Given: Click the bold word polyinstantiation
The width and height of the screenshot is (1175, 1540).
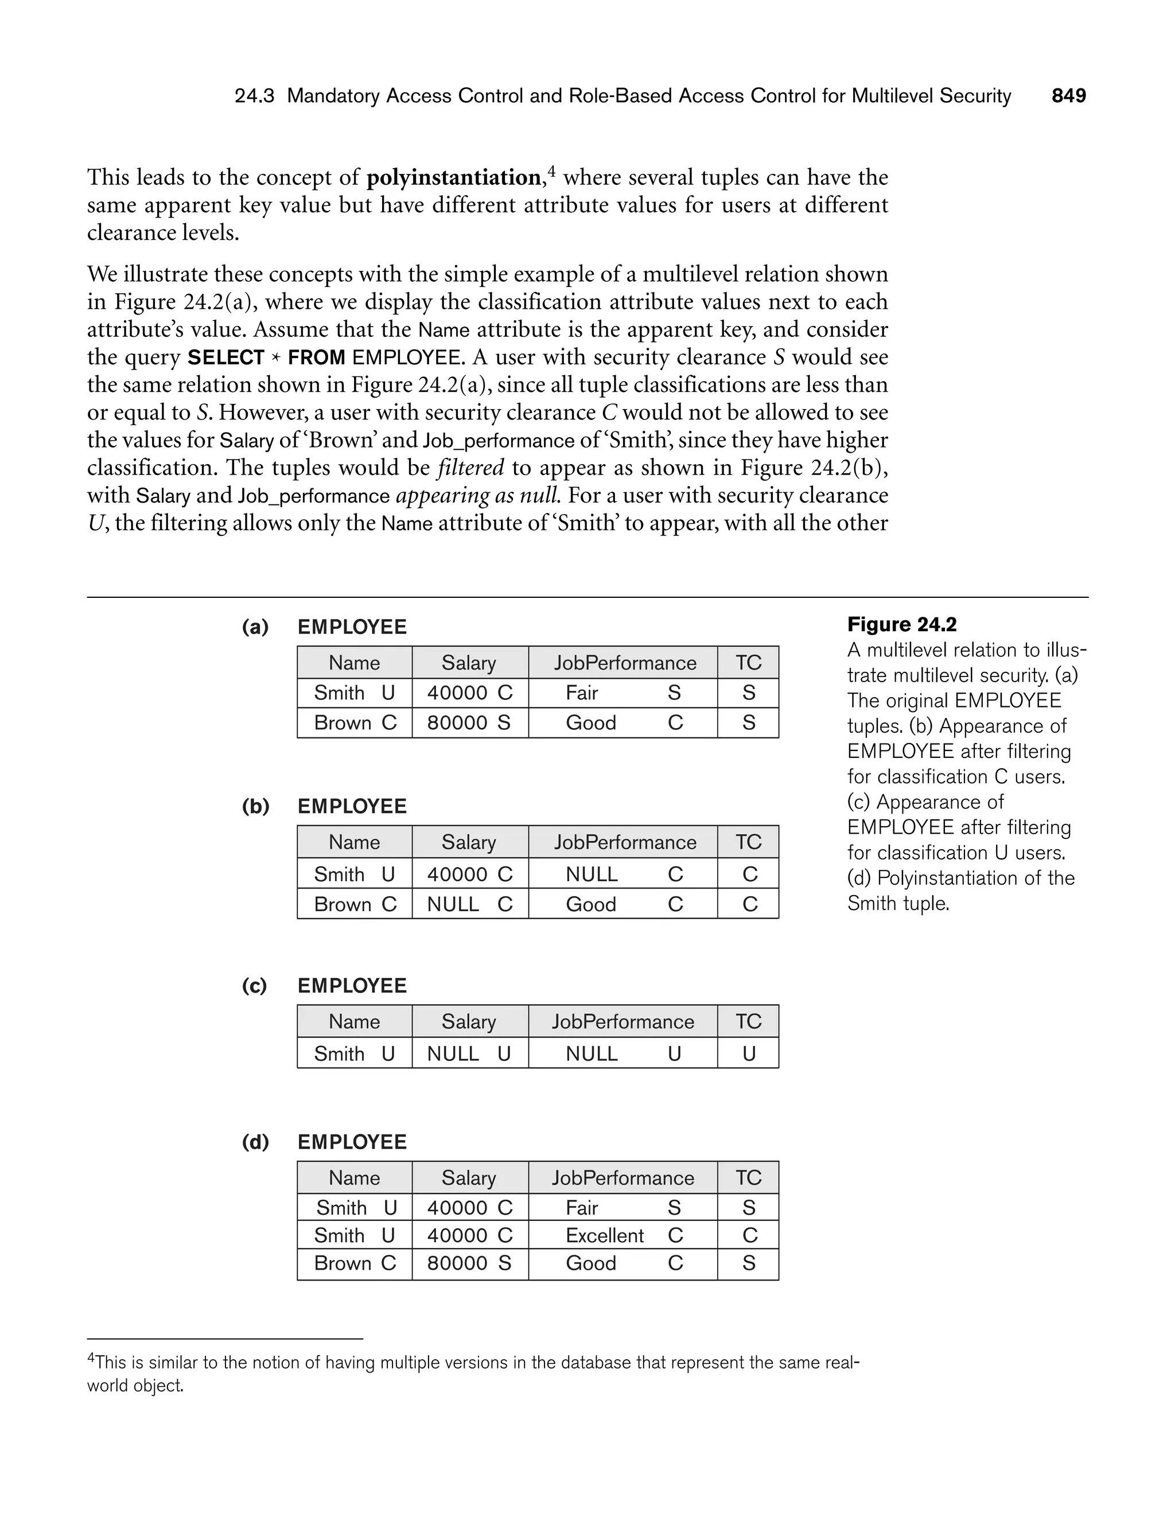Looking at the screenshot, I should (x=453, y=178).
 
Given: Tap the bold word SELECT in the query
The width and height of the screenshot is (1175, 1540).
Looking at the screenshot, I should (x=226, y=357).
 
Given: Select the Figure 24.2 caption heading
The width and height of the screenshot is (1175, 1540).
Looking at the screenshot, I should (x=901, y=624).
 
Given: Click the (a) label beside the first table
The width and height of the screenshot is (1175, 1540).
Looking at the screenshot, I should (x=255, y=627).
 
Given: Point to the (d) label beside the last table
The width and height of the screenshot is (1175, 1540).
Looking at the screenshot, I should (x=255, y=1142).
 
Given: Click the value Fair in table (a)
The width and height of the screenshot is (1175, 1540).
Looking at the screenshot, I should (x=581, y=693).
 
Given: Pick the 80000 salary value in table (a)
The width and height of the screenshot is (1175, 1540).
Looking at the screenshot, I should (x=457, y=723).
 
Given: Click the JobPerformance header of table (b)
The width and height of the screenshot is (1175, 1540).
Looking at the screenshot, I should (x=625, y=842).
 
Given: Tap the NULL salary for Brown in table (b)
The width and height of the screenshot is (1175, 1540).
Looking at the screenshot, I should (x=453, y=904).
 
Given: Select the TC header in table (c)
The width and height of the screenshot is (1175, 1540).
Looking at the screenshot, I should (x=748, y=1022).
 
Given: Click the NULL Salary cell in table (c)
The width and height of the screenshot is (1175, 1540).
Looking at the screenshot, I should (x=453, y=1054).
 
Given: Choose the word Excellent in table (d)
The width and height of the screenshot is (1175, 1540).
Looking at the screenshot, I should (x=604, y=1236).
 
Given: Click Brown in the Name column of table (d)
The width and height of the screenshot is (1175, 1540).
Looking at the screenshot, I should (x=343, y=1264).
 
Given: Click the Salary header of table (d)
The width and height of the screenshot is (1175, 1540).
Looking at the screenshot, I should (x=469, y=1179).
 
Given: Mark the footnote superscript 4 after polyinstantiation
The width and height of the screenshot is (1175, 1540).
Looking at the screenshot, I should (x=551, y=170).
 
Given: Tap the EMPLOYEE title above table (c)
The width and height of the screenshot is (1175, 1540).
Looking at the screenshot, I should (x=352, y=986).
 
